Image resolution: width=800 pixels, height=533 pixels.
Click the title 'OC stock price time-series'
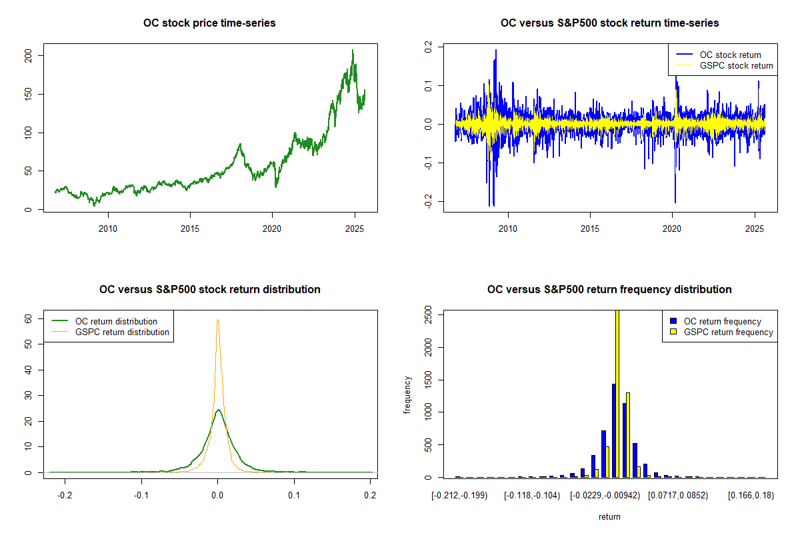click(209, 23)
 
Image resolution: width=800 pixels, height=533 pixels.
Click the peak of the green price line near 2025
click(353, 51)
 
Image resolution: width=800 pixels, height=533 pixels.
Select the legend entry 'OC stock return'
click(730, 55)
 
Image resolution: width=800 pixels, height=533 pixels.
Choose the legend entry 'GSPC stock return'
click(736, 66)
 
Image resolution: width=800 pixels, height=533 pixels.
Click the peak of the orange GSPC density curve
click(217, 320)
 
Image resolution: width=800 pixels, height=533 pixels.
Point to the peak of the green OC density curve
click(218, 410)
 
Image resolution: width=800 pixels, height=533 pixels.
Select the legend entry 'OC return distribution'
click(116, 322)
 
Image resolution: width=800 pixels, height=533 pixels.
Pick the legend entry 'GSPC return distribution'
click(122, 332)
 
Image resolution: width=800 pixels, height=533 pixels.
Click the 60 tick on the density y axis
click(29, 318)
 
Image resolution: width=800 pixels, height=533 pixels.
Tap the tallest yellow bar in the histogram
click(617, 393)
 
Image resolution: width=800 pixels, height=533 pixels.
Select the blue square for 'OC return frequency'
click(673, 322)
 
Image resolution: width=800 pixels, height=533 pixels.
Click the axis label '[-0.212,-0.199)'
click(459, 496)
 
